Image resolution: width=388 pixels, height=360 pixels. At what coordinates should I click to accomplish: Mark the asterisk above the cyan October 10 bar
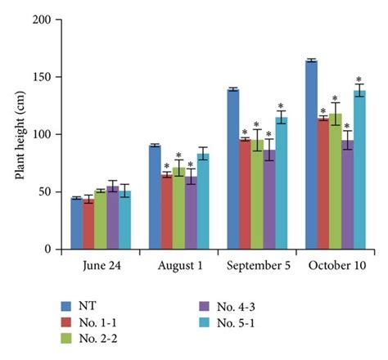tap(359, 79)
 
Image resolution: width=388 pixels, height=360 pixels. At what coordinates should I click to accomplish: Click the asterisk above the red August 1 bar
tap(166, 166)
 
